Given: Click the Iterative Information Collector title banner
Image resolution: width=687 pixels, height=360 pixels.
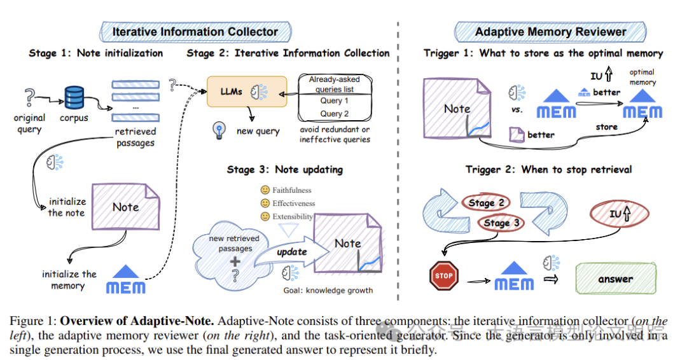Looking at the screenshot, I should point(195,31).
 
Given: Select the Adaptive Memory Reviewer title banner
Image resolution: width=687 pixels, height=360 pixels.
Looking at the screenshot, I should point(550,31).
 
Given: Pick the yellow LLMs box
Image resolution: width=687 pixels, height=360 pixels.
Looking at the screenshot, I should point(247,92).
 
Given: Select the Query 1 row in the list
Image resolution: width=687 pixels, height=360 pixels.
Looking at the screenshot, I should point(335,100).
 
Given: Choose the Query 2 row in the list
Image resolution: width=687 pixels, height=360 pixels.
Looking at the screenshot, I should point(335,114).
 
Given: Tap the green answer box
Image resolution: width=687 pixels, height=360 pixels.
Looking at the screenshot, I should point(615,279).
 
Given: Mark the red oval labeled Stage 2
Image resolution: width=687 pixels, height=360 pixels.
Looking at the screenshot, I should point(486,203).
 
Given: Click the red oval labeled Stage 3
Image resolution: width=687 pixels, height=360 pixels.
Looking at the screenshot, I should point(501,223).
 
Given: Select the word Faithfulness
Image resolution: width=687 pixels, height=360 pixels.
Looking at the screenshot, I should point(292,190).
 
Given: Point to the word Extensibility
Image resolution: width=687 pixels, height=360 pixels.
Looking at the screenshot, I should point(293,217).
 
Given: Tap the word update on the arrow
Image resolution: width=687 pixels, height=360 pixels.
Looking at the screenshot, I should point(291,252).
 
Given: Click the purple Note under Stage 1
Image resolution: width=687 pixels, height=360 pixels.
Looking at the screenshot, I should point(125,207).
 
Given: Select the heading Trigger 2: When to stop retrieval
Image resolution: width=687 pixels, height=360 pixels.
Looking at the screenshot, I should point(548,169).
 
